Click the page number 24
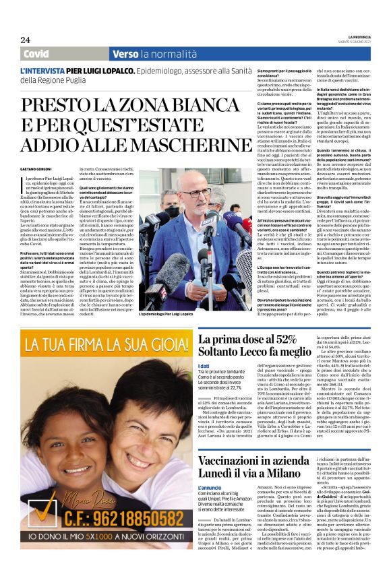25,40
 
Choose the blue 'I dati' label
204,367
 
